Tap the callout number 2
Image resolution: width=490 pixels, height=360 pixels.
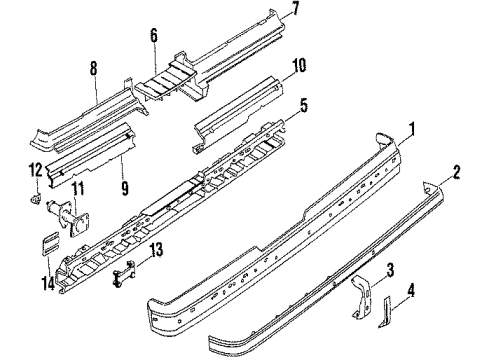pos(456,172)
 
